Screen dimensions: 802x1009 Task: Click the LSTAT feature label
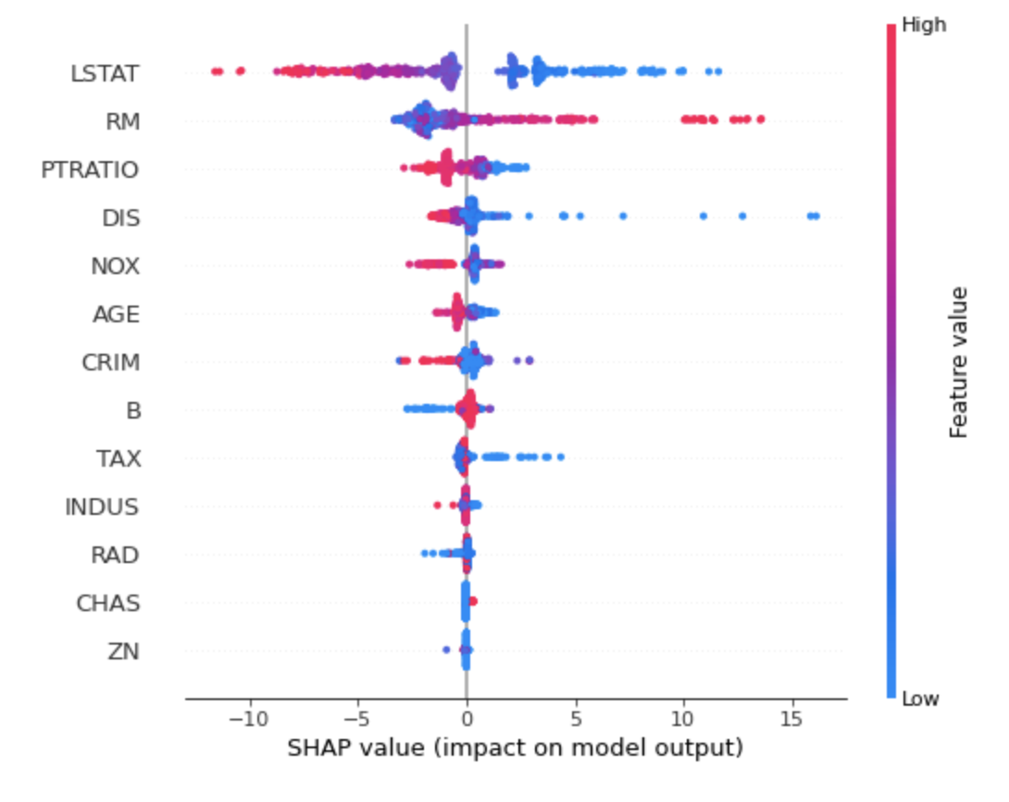[105, 73]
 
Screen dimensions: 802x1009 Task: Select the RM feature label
[122, 121]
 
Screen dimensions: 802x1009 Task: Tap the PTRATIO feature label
[90, 169]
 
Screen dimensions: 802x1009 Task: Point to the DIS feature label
[120, 218]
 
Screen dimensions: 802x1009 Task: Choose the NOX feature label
[115, 267]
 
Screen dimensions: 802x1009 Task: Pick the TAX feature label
[118, 458]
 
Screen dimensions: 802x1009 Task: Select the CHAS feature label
[108, 604]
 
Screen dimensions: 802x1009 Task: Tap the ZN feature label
[123, 651]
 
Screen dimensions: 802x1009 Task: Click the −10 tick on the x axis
[248, 720]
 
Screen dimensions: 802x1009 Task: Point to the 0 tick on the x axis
[466, 720]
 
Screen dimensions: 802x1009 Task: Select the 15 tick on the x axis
[791, 720]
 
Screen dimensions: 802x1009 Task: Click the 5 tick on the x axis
[575, 720]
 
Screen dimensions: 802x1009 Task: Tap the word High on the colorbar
[924, 25]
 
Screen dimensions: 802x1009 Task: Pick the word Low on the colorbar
[920, 698]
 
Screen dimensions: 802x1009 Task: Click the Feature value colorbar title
[958, 362]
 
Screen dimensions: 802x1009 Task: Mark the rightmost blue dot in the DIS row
[815, 216]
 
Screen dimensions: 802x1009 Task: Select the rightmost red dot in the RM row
[760, 119]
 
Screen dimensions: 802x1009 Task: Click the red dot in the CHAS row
[473, 602]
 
